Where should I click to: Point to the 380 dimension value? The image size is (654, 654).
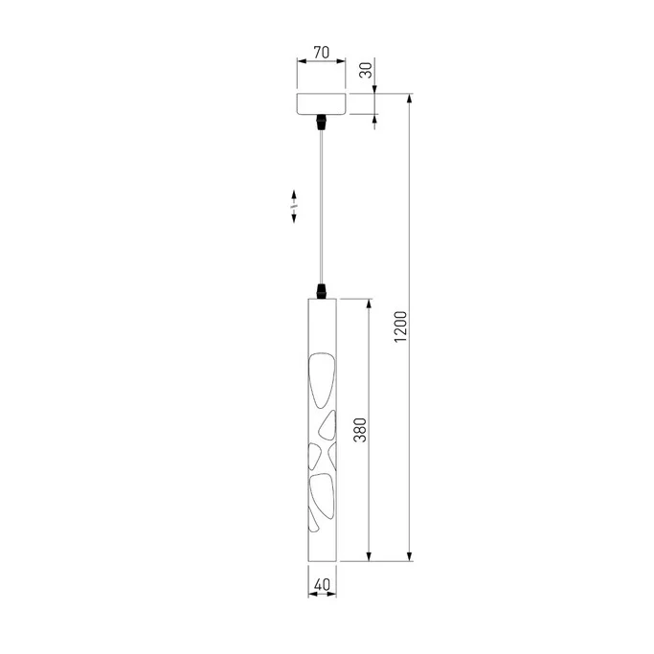pos(360,430)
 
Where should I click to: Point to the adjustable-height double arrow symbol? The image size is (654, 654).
pos(293,206)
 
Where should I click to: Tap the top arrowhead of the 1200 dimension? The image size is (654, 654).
pos(412,99)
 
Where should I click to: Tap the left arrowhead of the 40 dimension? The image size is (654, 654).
pos(310,594)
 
